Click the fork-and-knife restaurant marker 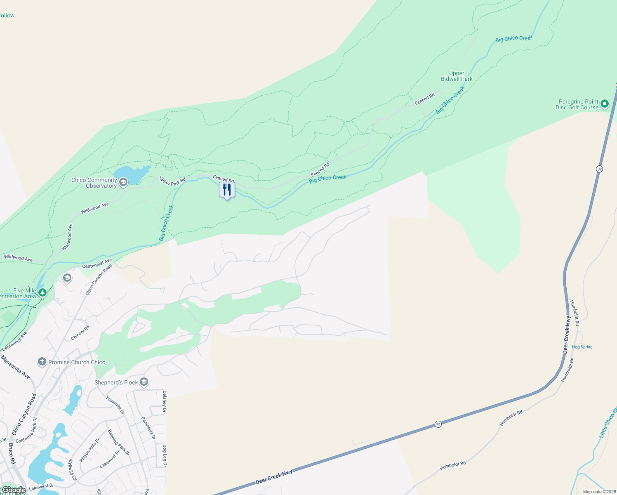click(x=227, y=190)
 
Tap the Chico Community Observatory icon click(x=123, y=182)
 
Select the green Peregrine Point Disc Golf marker click(x=604, y=104)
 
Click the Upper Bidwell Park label click(x=457, y=76)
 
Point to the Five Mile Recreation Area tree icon click(x=42, y=292)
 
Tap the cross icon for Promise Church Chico click(x=42, y=362)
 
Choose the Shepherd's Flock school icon click(x=144, y=382)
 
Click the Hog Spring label click(x=582, y=347)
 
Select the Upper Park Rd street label click(x=172, y=181)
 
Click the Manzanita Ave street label click(x=16, y=367)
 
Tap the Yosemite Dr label click(x=115, y=405)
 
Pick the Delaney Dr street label click(x=165, y=402)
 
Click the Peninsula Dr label click(x=148, y=428)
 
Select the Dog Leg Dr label click(x=165, y=455)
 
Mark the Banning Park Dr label click(x=119, y=443)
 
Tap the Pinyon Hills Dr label click(x=90, y=450)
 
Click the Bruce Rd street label click(x=12, y=454)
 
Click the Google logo click(x=13, y=490)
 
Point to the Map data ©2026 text click(x=599, y=492)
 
